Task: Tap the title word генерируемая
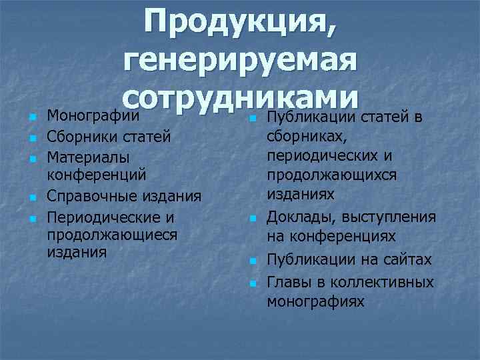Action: click(x=241, y=64)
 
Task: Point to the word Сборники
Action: click(x=81, y=137)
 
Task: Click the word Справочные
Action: click(x=93, y=197)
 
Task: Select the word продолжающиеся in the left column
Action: click(x=111, y=235)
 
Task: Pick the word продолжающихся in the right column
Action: click(x=331, y=175)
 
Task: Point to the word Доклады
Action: click(x=297, y=218)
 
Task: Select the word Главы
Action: click(x=288, y=282)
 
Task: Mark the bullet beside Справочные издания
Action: click(x=31, y=198)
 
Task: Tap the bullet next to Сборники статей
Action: click(x=31, y=138)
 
